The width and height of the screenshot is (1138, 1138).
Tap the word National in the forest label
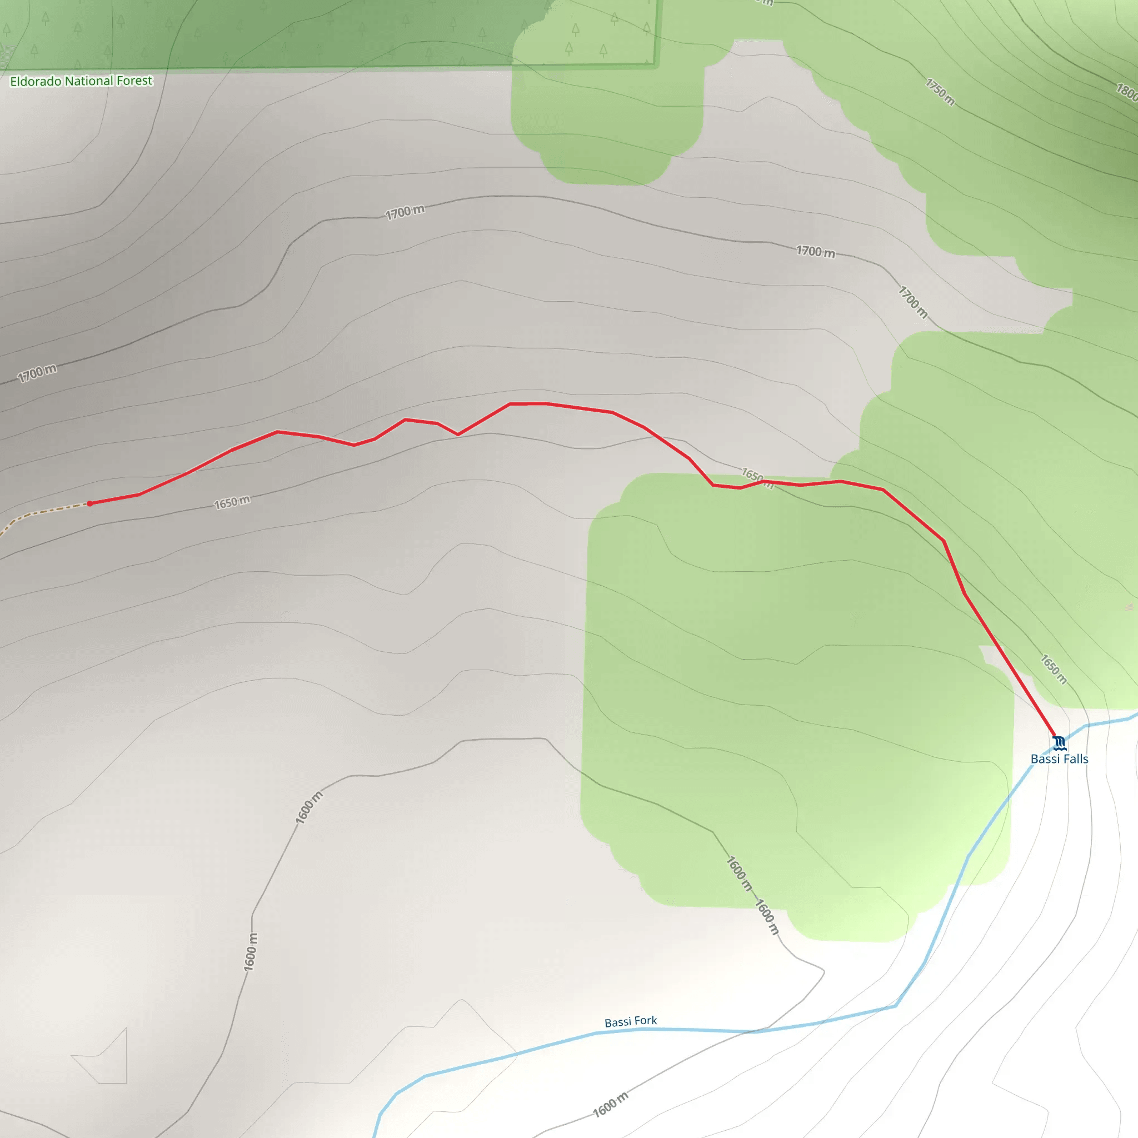pos(89,81)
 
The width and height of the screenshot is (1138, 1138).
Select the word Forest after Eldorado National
pos(134,80)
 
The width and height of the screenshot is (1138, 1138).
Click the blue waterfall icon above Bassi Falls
pos(1059,742)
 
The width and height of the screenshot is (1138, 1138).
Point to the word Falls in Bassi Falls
pos(1075,759)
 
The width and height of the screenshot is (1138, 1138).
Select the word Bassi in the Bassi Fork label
pos(618,1022)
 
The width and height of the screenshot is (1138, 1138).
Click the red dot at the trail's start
pos(89,503)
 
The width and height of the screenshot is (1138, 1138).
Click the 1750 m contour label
pos(940,92)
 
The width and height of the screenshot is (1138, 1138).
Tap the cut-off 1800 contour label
pos(1126,91)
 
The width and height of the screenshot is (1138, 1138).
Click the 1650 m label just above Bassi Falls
pos(1053,669)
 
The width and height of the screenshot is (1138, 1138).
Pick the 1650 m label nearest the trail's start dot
pos(232,502)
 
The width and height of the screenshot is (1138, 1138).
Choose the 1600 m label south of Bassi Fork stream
pos(610,1105)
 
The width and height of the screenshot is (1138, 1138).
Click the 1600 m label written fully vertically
pos(251,952)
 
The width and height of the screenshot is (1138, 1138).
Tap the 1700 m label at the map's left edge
pos(37,373)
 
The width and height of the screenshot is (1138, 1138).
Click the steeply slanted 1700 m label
pos(912,302)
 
